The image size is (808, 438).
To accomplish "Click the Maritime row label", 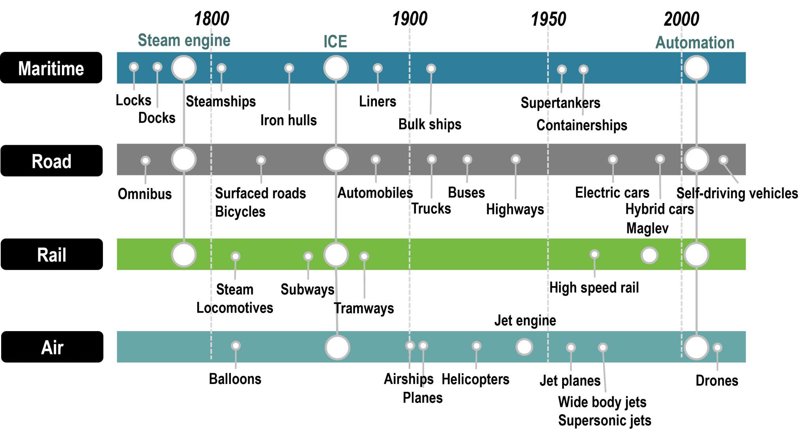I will click(x=51, y=68).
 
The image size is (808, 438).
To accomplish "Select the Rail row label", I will click(x=51, y=255).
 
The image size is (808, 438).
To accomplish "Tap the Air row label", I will click(x=52, y=347).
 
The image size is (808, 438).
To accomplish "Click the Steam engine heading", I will click(x=184, y=41).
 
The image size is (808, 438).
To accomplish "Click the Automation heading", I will click(x=695, y=43).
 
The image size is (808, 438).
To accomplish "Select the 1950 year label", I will click(x=548, y=19).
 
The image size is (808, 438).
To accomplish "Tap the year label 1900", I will click(x=410, y=19).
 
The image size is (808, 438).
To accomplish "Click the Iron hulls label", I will click(x=288, y=120).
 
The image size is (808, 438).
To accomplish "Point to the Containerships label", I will click(x=582, y=125).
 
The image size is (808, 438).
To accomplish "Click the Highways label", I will click(x=515, y=209).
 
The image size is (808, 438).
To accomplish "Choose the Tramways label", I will click(x=365, y=308).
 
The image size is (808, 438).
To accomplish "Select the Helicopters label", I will click(x=475, y=379).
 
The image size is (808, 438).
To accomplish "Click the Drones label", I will click(x=717, y=381).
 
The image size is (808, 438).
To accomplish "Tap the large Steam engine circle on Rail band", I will click(x=184, y=255).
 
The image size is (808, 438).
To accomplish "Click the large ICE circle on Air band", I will click(x=337, y=348).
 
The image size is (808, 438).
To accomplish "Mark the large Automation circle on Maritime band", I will click(x=696, y=68).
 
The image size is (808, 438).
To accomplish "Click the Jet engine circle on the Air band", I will click(x=524, y=347).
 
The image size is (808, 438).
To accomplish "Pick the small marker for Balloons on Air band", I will click(x=236, y=346).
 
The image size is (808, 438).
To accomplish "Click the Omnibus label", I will click(x=145, y=194).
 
